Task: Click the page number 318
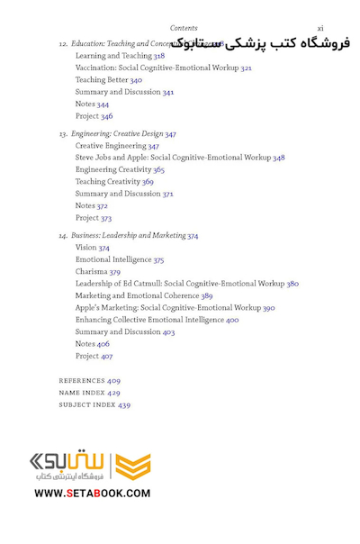158,56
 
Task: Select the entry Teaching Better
102,80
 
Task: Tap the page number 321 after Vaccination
246,68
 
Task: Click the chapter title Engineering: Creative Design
117,134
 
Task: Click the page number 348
279,158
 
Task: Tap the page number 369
148,182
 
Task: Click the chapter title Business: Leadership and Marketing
128,236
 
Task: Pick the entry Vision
85,248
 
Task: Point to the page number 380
292,284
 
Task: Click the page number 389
207,296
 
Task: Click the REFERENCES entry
82,381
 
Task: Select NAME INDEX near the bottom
82,394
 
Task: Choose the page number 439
124,405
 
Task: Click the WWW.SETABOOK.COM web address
93,493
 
